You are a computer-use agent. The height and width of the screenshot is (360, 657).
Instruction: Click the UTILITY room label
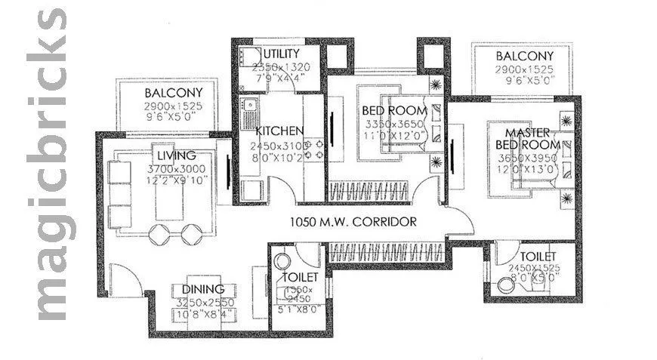(282, 54)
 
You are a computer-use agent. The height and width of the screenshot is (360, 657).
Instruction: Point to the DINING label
(202, 289)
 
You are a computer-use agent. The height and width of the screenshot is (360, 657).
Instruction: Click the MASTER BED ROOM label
(528, 138)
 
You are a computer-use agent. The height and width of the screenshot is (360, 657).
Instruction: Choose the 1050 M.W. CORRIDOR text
(353, 222)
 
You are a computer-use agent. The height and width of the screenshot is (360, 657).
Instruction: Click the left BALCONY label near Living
(173, 94)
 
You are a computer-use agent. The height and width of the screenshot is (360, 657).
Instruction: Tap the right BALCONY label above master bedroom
(524, 57)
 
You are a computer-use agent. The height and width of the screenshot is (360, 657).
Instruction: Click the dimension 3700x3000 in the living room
(177, 168)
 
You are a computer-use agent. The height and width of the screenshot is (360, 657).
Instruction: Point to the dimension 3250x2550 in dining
(203, 301)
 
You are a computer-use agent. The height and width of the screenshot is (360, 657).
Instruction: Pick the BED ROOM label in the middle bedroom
(394, 111)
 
